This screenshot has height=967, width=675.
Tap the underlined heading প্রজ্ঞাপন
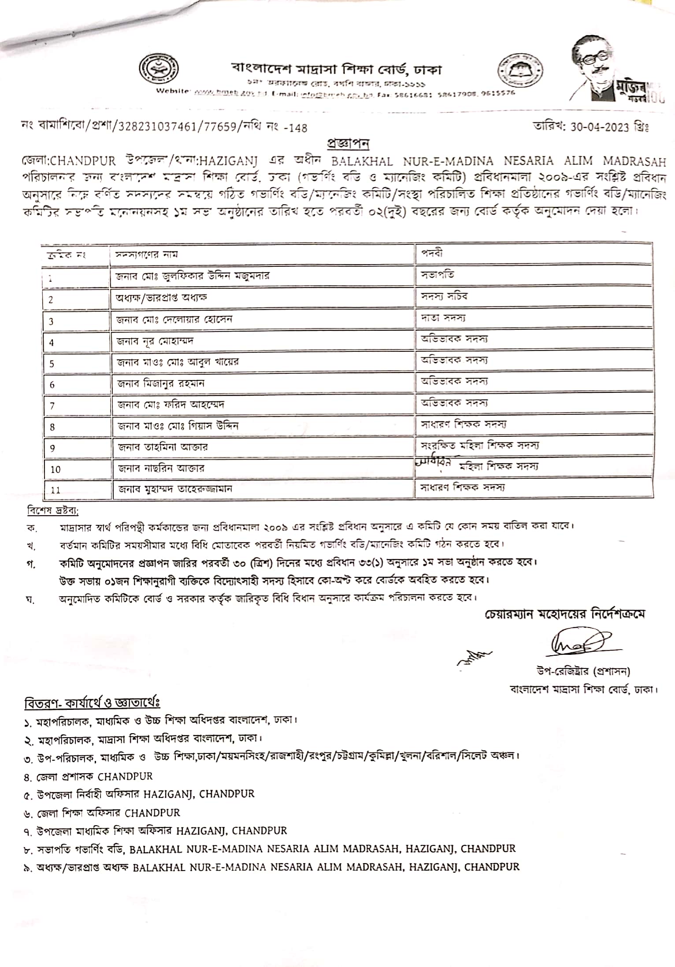coord(348,144)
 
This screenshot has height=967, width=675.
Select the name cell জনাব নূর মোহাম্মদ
coord(156,341)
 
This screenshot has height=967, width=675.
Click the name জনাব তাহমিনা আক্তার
coord(163,447)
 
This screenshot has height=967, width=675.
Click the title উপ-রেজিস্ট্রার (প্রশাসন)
coord(583,671)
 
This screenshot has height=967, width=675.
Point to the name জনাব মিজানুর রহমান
coord(161,383)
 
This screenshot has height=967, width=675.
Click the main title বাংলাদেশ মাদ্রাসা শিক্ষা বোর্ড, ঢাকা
coord(337,69)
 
